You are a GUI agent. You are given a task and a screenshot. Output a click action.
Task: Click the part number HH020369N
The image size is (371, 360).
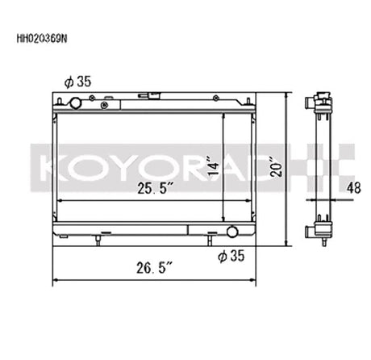[42, 39]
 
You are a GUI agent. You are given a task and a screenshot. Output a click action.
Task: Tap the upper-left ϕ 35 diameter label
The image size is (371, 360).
[77, 82]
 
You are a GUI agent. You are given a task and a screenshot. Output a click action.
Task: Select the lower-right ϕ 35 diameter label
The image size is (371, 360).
[231, 256]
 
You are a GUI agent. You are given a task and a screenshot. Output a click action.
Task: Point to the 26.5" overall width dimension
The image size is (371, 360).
[154, 268]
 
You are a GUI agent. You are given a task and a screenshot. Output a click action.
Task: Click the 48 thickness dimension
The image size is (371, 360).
[353, 188]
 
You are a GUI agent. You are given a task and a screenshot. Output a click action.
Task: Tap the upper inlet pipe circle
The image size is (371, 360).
[76, 103]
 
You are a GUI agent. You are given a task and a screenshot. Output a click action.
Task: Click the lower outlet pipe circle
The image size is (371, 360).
[232, 232]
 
